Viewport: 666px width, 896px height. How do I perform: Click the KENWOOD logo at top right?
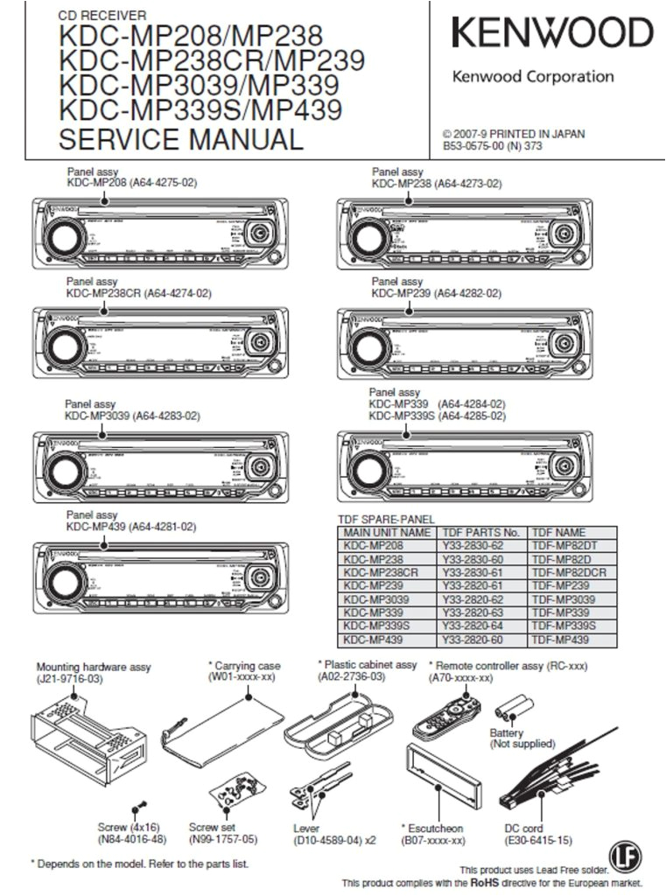click(x=552, y=33)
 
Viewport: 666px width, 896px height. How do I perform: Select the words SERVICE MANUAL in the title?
click(x=180, y=139)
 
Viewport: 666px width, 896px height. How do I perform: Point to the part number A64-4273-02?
click(x=468, y=185)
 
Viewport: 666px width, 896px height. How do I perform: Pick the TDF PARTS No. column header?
click(x=481, y=532)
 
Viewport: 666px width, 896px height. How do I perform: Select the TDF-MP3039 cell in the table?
click(x=563, y=599)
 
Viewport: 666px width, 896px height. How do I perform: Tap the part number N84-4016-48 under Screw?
click(x=131, y=840)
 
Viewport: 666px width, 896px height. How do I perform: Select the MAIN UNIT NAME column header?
click(x=387, y=532)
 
